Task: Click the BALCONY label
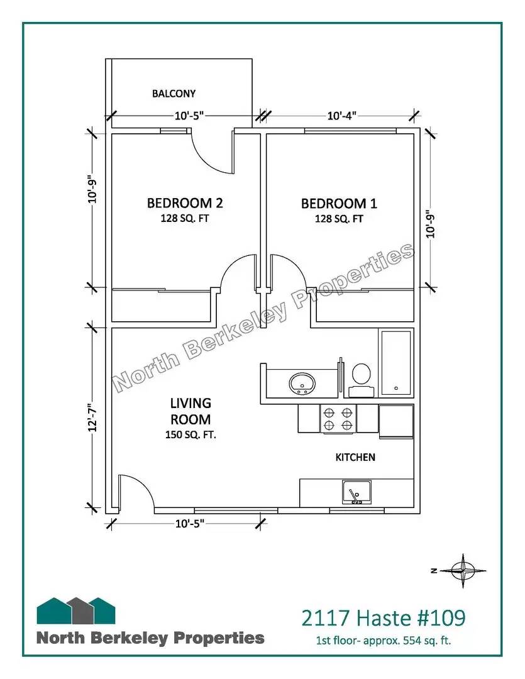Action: point(174,94)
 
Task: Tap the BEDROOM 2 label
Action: point(185,203)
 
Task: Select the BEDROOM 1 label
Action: point(339,204)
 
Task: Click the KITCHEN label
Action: point(355,457)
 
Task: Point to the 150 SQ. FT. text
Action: point(191,435)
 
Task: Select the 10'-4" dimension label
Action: point(342,116)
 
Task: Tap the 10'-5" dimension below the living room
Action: point(190,524)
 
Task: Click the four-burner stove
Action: point(338,419)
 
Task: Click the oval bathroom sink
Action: point(302,383)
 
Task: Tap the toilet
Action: point(361,380)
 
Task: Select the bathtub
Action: point(396,363)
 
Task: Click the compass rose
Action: point(463,571)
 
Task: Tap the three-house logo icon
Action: point(76,610)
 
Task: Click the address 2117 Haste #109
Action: point(384,618)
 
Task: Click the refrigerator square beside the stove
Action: point(396,421)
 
